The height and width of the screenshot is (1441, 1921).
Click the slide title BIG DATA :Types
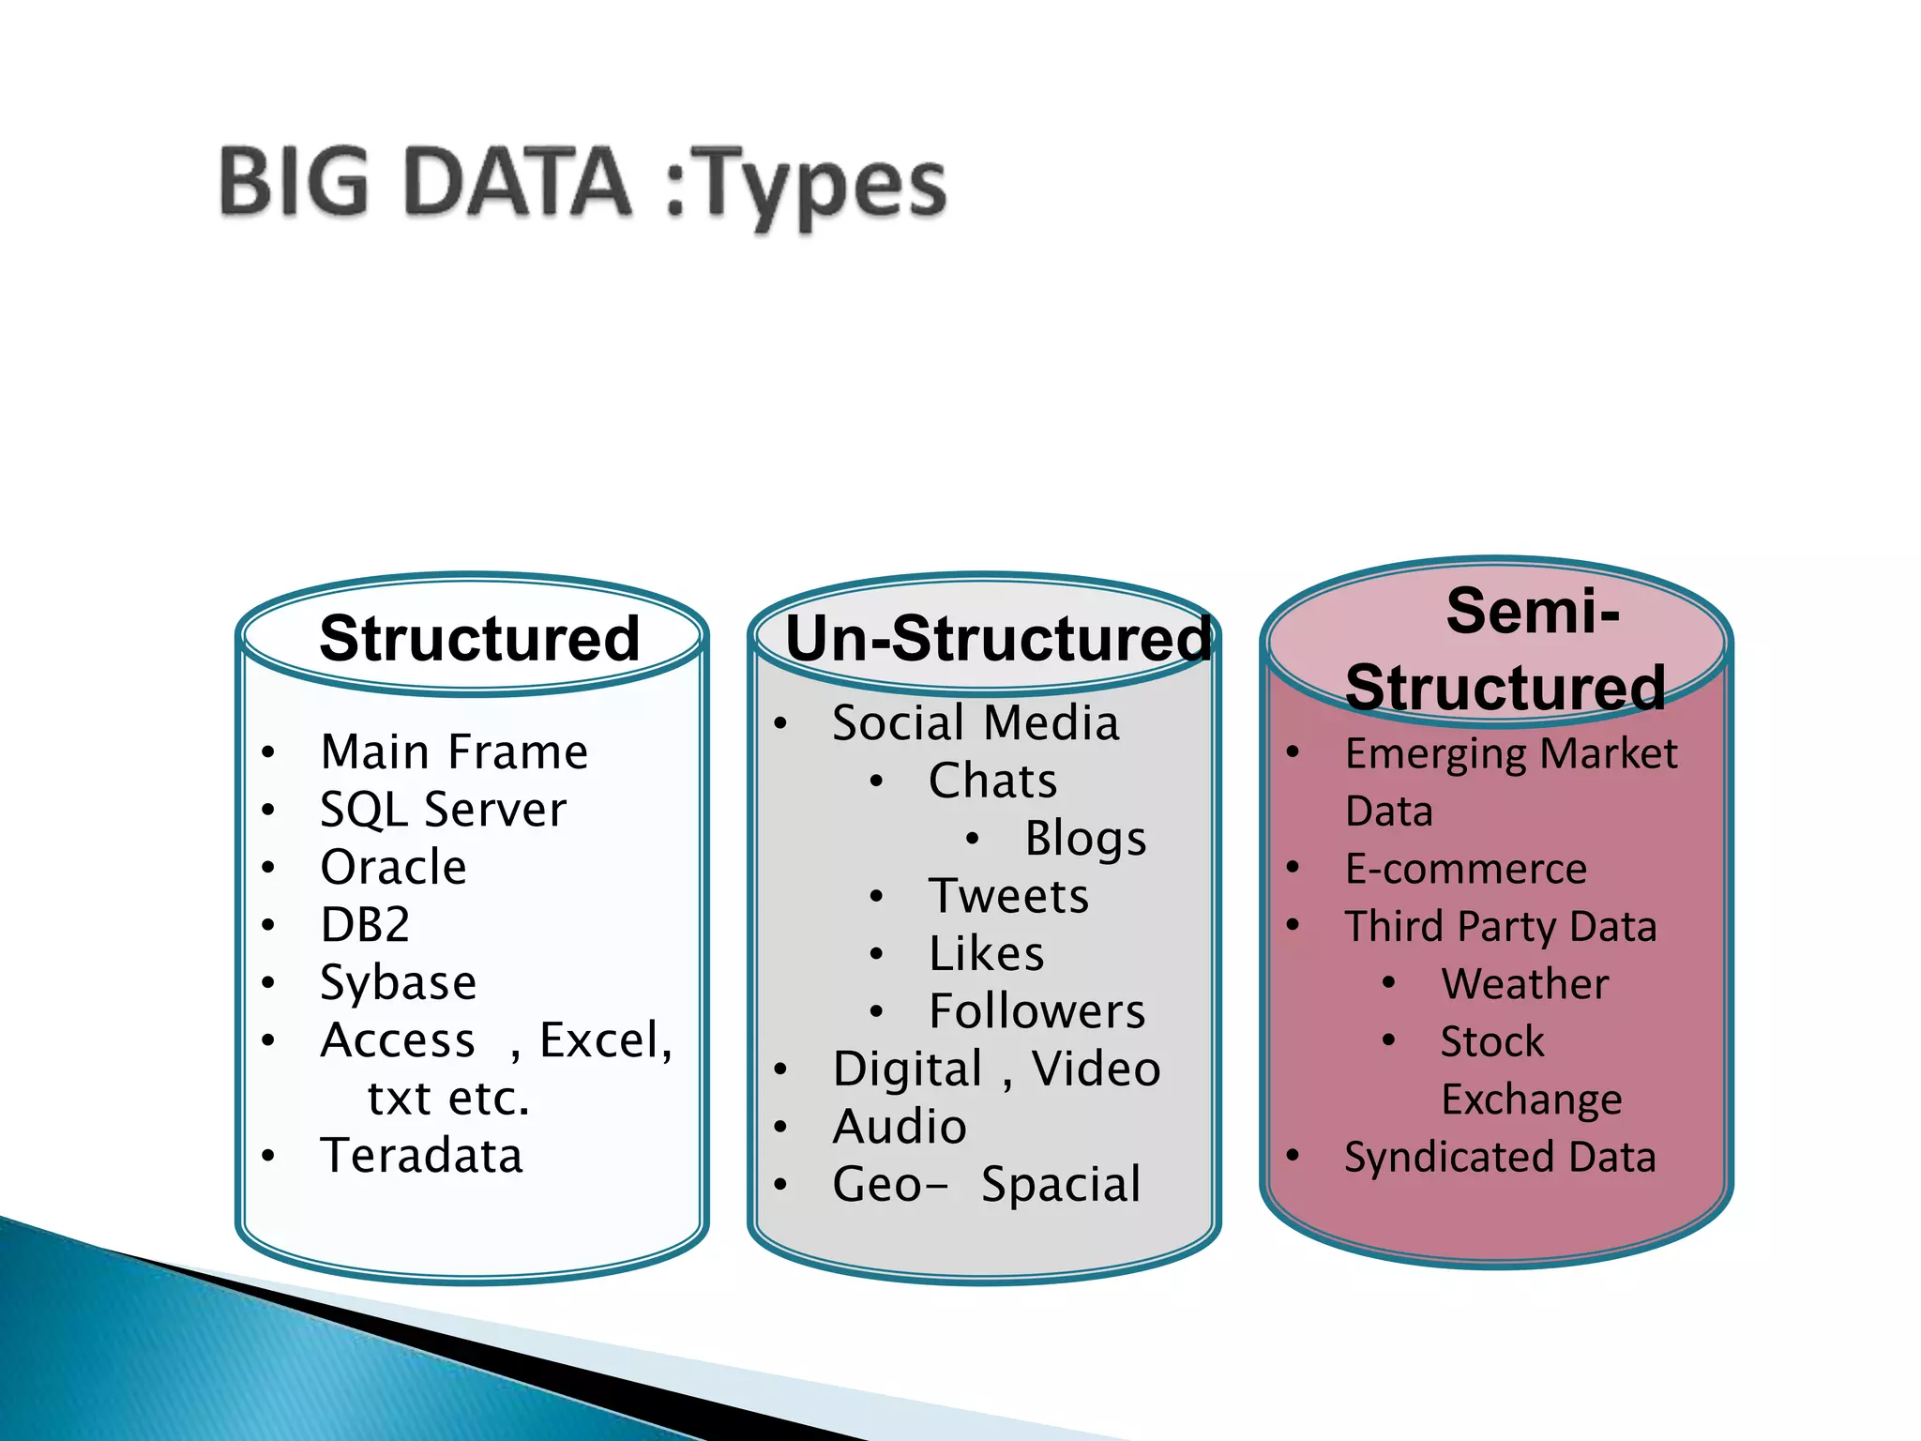pyautogui.click(x=582, y=183)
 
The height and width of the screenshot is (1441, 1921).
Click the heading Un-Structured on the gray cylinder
pyautogui.click(x=998, y=639)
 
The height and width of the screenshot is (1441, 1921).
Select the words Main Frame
pyautogui.click(x=454, y=751)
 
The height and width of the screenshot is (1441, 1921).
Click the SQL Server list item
pyautogui.click(x=443, y=810)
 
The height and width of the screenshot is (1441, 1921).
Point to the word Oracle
pyautogui.click(x=393, y=867)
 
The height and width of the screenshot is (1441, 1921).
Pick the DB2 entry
pyautogui.click(x=365, y=925)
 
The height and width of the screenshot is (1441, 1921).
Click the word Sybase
pyautogui.click(x=399, y=982)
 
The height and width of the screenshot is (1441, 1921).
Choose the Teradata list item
pyautogui.click(x=421, y=1155)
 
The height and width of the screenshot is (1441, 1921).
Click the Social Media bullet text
pyautogui.click(x=976, y=723)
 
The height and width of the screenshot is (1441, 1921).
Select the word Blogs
pyautogui.click(x=1085, y=838)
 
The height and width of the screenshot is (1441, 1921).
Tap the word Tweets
pyautogui.click(x=1008, y=896)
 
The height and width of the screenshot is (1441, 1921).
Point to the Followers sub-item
pyautogui.click(x=1036, y=1011)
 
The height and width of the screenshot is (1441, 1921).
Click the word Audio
pyautogui.click(x=900, y=1126)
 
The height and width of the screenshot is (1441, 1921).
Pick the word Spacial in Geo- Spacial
pyautogui.click(x=1061, y=1184)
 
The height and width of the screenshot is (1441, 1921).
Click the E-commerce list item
pyautogui.click(x=1465, y=869)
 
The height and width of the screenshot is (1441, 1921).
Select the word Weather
pyautogui.click(x=1525, y=984)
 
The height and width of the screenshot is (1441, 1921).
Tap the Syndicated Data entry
pyautogui.click(x=1500, y=1157)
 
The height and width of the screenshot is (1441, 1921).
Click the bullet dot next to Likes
pyautogui.click(x=876, y=954)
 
